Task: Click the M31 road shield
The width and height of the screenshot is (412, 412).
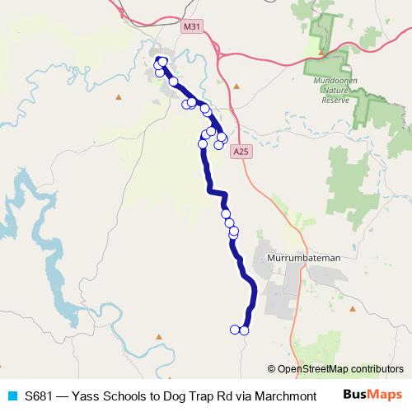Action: (191, 26)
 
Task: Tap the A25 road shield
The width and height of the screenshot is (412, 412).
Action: (240, 152)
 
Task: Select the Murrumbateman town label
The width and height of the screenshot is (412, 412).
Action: (305, 258)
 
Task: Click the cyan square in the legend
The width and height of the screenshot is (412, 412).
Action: (10, 396)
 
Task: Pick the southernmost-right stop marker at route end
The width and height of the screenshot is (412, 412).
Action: (244, 330)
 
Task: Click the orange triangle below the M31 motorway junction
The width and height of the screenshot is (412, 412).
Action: (236, 85)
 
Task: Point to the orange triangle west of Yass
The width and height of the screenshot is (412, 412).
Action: (118, 97)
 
